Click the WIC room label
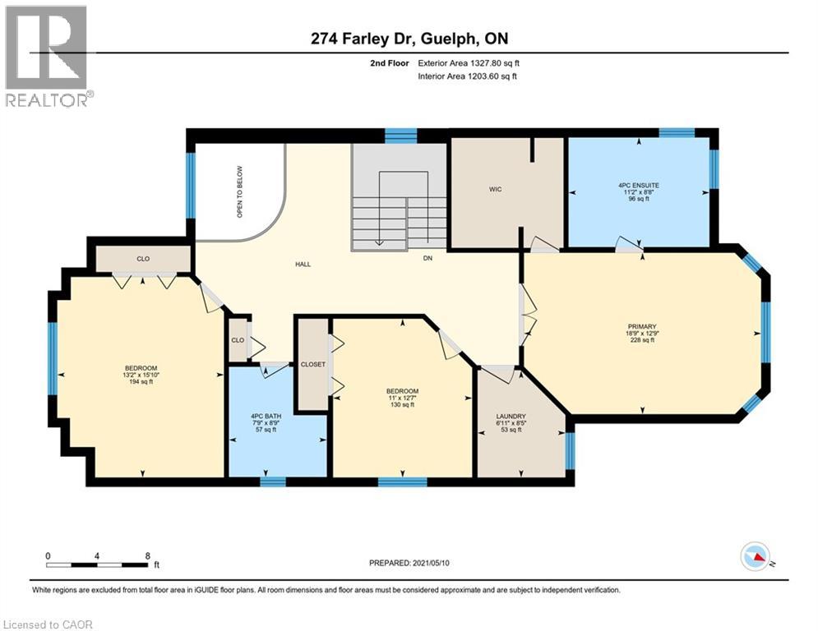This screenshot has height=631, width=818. pyautogui.click(x=495, y=189)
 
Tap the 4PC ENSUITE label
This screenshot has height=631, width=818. pyautogui.click(x=638, y=185)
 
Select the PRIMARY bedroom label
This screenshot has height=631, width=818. pyautogui.click(x=642, y=326)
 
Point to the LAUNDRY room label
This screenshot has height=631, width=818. pyautogui.click(x=511, y=416)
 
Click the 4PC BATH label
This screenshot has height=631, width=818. pyautogui.click(x=266, y=416)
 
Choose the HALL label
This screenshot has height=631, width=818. pyautogui.click(x=303, y=265)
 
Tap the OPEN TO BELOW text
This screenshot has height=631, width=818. pyautogui.click(x=240, y=192)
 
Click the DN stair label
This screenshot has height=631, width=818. pyautogui.click(x=427, y=258)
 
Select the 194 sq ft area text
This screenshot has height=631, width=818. pyautogui.click(x=141, y=382)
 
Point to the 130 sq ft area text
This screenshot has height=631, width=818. pyautogui.click(x=402, y=405)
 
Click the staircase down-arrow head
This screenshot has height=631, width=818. pyautogui.click(x=379, y=242)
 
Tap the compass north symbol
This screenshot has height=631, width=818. pyautogui.click(x=756, y=557)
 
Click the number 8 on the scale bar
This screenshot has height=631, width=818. pyautogui.click(x=148, y=556)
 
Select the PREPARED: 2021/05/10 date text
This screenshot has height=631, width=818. pyautogui.click(x=409, y=563)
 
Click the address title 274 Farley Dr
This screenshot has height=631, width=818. pyautogui.click(x=363, y=39)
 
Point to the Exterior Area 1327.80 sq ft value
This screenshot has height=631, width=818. pyautogui.click(x=469, y=63)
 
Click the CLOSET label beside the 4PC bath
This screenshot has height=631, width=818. pyautogui.click(x=313, y=365)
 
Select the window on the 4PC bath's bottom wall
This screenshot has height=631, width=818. pyautogui.click(x=273, y=481)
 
